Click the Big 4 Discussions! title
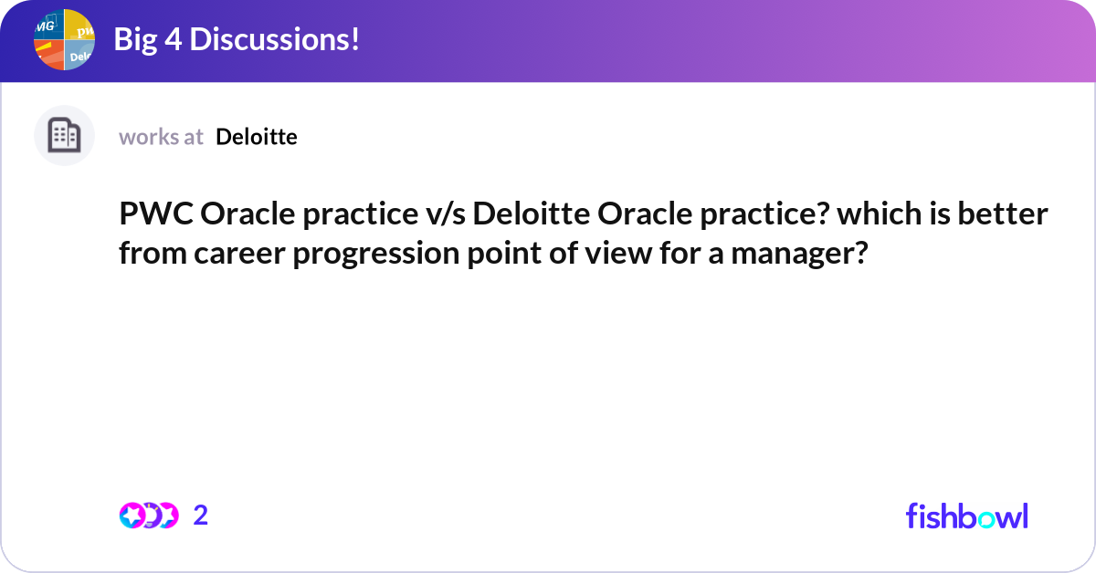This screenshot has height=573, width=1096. click(x=236, y=39)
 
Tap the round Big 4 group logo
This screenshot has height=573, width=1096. click(x=65, y=40)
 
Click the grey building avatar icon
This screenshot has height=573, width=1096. click(x=64, y=136)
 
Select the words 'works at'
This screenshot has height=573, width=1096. click(x=161, y=137)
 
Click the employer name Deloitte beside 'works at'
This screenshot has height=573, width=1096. click(x=257, y=137)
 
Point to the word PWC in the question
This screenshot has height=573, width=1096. click(x=155, y=216)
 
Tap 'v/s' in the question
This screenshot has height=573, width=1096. click(x=445, y=216)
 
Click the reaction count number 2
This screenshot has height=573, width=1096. click(x=201, y=516)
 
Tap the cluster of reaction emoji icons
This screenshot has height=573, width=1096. click(x=148, y=516)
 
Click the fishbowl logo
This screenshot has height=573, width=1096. click(x=966, y=516)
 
